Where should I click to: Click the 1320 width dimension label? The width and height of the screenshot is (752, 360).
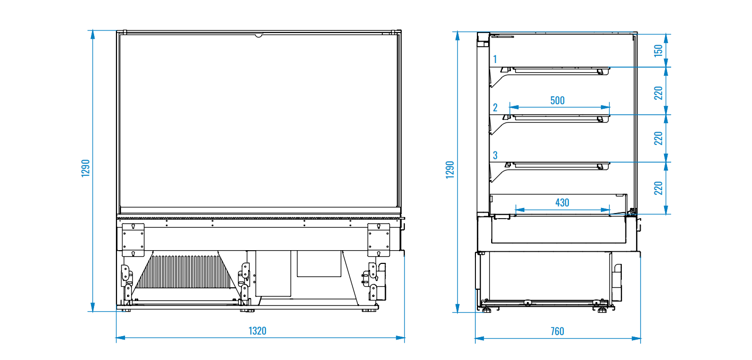(257, 331)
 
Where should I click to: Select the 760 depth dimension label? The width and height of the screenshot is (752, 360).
(557, 332)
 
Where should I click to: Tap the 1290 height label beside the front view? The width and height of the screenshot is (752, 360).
(85, 168)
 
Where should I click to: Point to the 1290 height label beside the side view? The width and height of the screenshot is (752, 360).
(450, 170)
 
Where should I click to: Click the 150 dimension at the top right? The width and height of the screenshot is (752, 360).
(658, 50)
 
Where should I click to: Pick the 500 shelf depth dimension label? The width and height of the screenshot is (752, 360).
(557, 100)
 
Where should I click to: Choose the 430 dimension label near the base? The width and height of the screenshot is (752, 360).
(562, 202)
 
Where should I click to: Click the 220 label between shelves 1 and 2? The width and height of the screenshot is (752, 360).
(658, 93)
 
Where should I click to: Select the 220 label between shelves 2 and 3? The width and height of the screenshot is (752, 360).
(658, 138)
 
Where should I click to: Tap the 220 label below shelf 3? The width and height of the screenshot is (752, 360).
(658, 188)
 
